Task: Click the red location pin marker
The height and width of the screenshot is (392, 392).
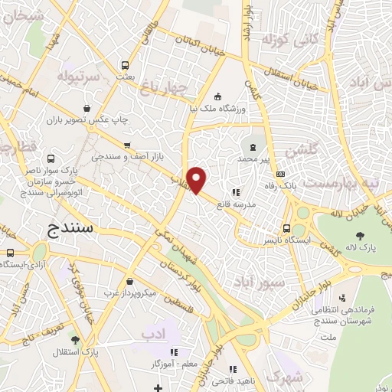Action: pos(198,179)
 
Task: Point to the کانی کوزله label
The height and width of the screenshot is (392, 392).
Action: pos(285,38)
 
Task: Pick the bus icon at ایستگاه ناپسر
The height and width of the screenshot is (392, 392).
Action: pos(286,227)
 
